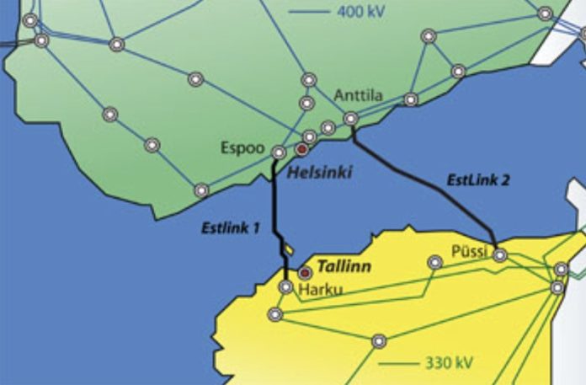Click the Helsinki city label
coord(318,173)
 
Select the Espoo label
coord(243,147)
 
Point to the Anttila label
coord(358,95)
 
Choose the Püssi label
coord(470,251)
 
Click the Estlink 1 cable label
coord(229,227)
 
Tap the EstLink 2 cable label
coord(478,179)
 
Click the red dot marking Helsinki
coord(301,150)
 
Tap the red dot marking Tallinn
coord(306,272)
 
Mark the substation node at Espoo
coord(279,152)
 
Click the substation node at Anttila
coord(350,119)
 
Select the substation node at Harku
coord(286,287)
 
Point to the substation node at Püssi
coord(500,254)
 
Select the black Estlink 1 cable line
coord(274,211)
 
